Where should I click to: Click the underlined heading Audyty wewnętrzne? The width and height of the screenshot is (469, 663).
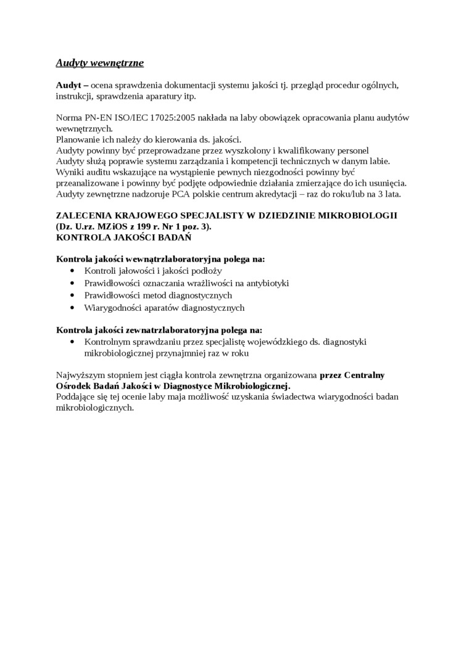pos(100,63)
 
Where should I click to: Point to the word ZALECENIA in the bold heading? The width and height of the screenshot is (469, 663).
pos(80,215)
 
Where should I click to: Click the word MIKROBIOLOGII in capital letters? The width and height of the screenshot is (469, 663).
pos(360,215)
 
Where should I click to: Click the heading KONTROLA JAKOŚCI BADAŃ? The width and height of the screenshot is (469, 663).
pos(123,237)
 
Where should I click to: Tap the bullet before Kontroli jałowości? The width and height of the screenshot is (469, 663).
pos(73,271)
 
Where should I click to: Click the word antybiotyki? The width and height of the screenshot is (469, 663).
pos(267,283)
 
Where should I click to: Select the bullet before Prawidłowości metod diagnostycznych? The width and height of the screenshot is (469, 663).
pos(73,295)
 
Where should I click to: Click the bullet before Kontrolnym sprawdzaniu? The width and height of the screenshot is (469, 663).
pos(73,342)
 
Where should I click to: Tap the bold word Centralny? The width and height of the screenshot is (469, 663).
pos(364,374)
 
